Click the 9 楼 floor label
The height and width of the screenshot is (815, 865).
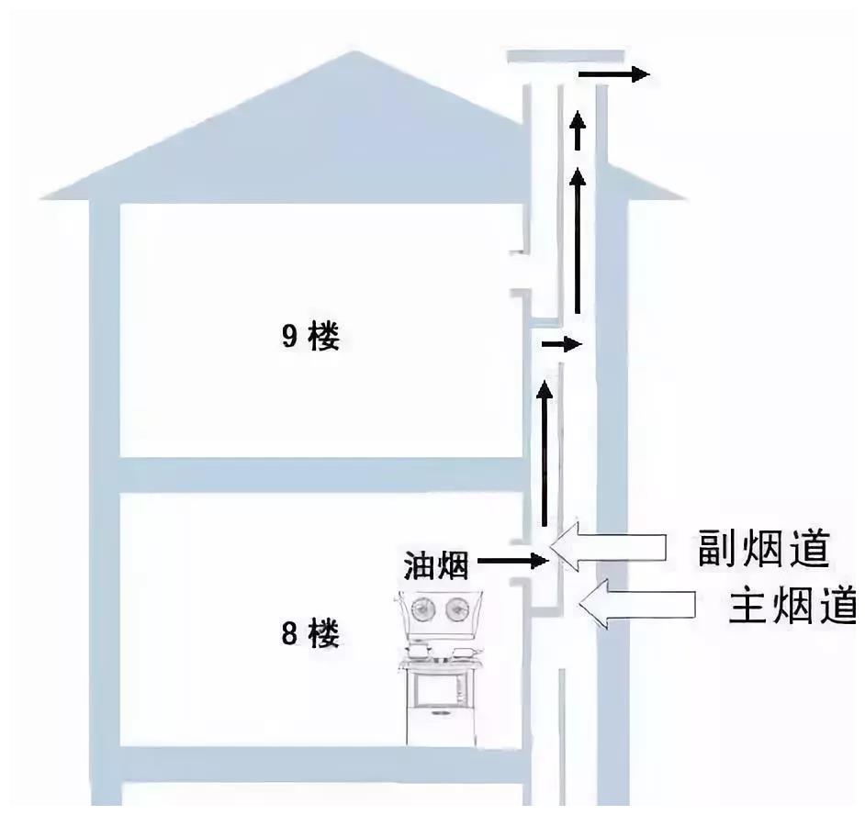click(310, 337)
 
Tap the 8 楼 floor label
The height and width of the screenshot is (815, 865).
click(310, 633)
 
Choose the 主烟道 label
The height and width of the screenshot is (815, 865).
click(792, 606)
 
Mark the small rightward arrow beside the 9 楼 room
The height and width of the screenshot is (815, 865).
click(561, 345)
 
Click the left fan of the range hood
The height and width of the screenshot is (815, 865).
click(424, 608)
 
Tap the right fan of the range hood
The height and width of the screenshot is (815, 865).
click(456, 608)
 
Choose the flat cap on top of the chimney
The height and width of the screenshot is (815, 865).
click(559, 58)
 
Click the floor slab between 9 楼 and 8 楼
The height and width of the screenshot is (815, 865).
click(321, 474)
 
